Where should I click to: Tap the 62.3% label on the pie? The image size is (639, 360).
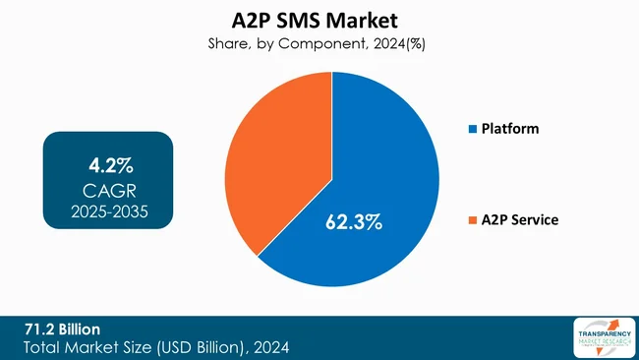[x=354, y=222]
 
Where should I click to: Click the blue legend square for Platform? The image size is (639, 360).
[x=472, y=129]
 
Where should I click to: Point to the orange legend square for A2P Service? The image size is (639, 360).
[x=472, y=220]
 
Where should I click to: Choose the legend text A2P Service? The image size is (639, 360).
[x=520, y=220]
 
